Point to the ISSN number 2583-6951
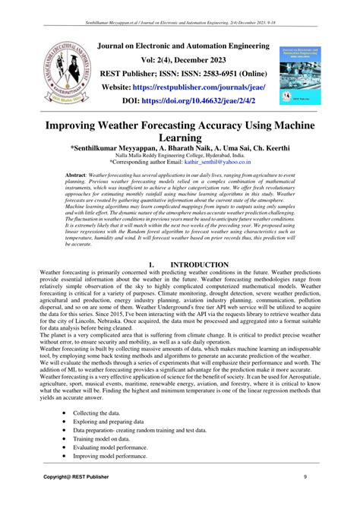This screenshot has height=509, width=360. pos(218,74)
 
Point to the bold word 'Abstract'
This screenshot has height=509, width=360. pos(76,175)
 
